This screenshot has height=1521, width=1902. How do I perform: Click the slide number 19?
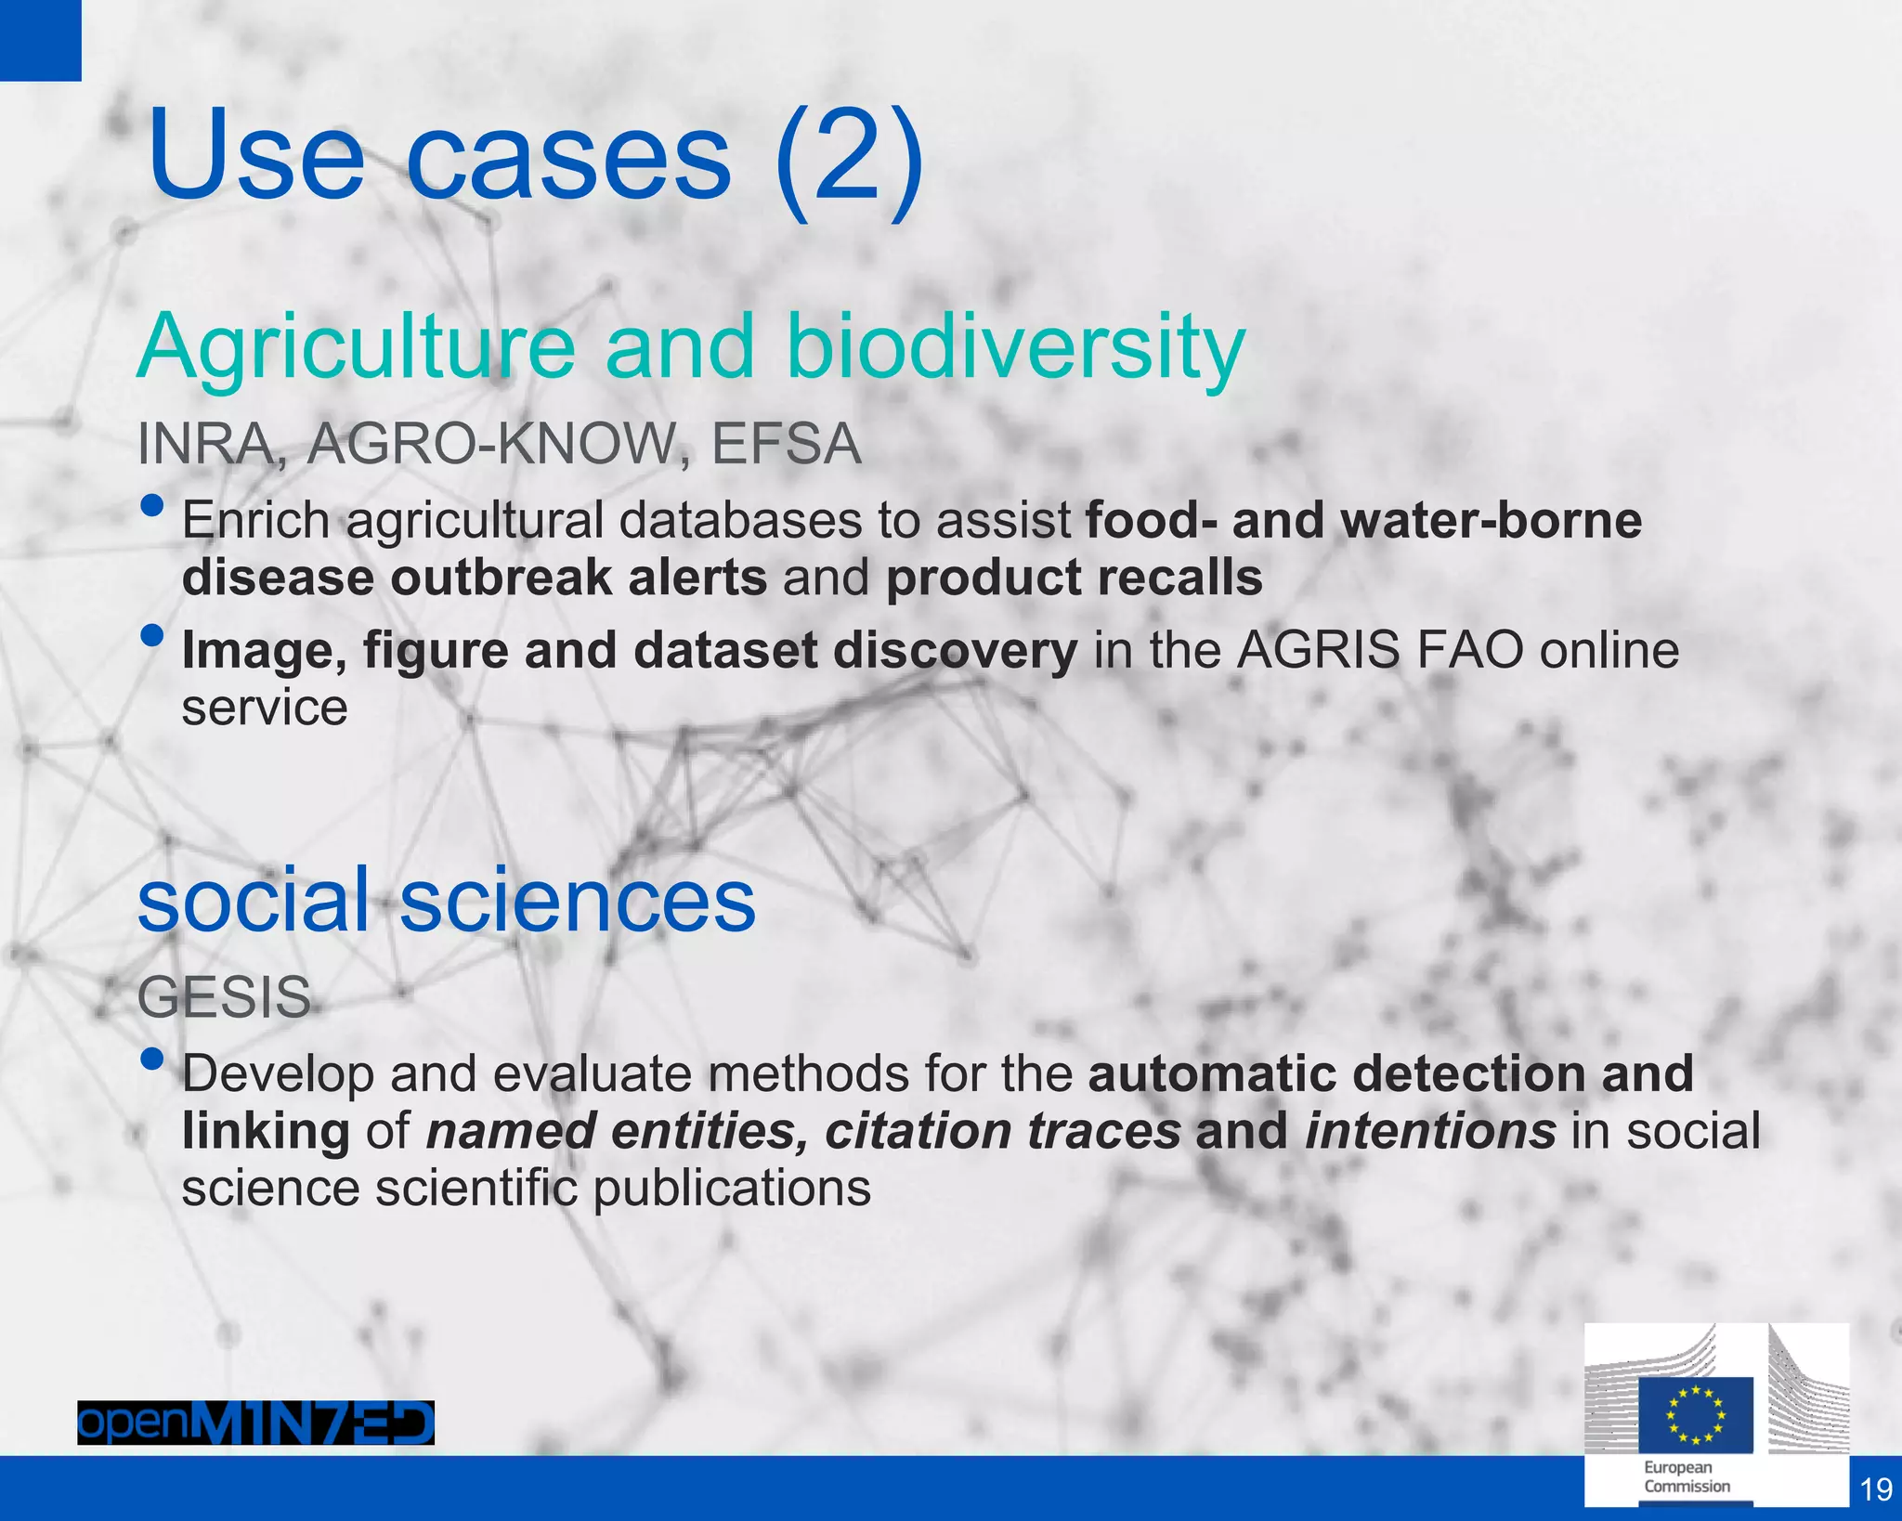[1876, 1489]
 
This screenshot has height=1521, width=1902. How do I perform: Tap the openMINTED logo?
[255, 1423]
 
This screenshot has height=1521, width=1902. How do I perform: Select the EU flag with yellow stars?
[1695, 1414]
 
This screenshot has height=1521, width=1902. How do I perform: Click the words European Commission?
[1687, 1477]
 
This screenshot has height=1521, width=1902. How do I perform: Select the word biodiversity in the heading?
[1015, 347]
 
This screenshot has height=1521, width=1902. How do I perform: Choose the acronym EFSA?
[786, 444]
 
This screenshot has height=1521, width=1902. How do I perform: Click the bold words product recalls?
[1075, 578]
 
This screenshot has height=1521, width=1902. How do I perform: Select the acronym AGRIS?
[1318, 650]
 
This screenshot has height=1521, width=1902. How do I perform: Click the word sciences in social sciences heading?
[578, 901]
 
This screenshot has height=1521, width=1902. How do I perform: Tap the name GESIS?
[224, 998]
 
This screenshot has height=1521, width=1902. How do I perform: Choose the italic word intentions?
[1430, 1131]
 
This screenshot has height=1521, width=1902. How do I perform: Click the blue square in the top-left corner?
[40, 40]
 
